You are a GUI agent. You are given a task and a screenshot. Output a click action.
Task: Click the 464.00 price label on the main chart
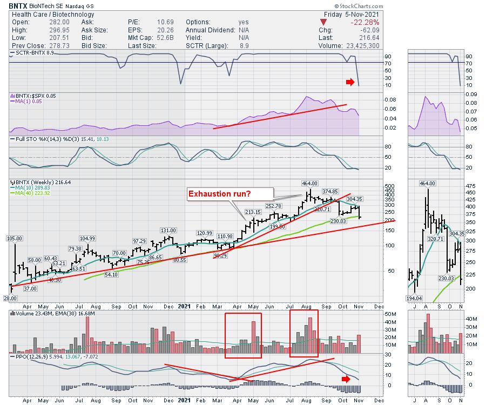pos(310,183)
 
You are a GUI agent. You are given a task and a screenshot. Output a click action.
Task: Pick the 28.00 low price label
pos(10,298)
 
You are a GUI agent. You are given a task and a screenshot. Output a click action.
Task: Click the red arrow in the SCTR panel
pos(350,82)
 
